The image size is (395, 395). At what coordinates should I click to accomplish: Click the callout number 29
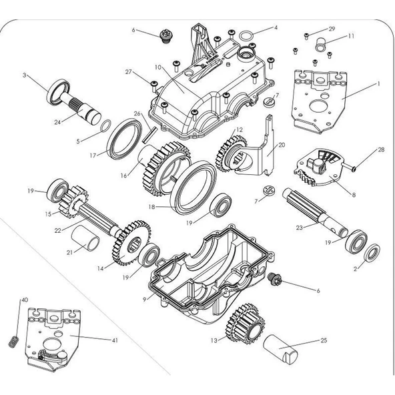[x=332, y=29]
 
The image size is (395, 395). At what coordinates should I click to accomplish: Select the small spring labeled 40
[x=13, y=342]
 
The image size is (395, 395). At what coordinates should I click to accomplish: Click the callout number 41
[x=115, y=340]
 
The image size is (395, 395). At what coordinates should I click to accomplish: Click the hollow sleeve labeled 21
[x=85, y=238]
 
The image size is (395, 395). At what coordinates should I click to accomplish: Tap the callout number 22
[x=57, y=230]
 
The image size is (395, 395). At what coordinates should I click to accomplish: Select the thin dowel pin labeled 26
[x=150, y=135]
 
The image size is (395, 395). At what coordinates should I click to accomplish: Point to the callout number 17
[x=93, y=155]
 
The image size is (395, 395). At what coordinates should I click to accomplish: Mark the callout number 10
[x=158, y=67]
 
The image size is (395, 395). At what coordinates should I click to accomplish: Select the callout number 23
[x=299, y=228]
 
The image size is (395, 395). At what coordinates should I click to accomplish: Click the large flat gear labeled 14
[x=131, y=243]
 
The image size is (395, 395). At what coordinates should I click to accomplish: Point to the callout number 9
[x=144, y=300]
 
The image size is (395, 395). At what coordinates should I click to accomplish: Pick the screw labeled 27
[x=154, y=85]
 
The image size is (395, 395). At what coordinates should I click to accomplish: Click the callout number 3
[x=25, y=75]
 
